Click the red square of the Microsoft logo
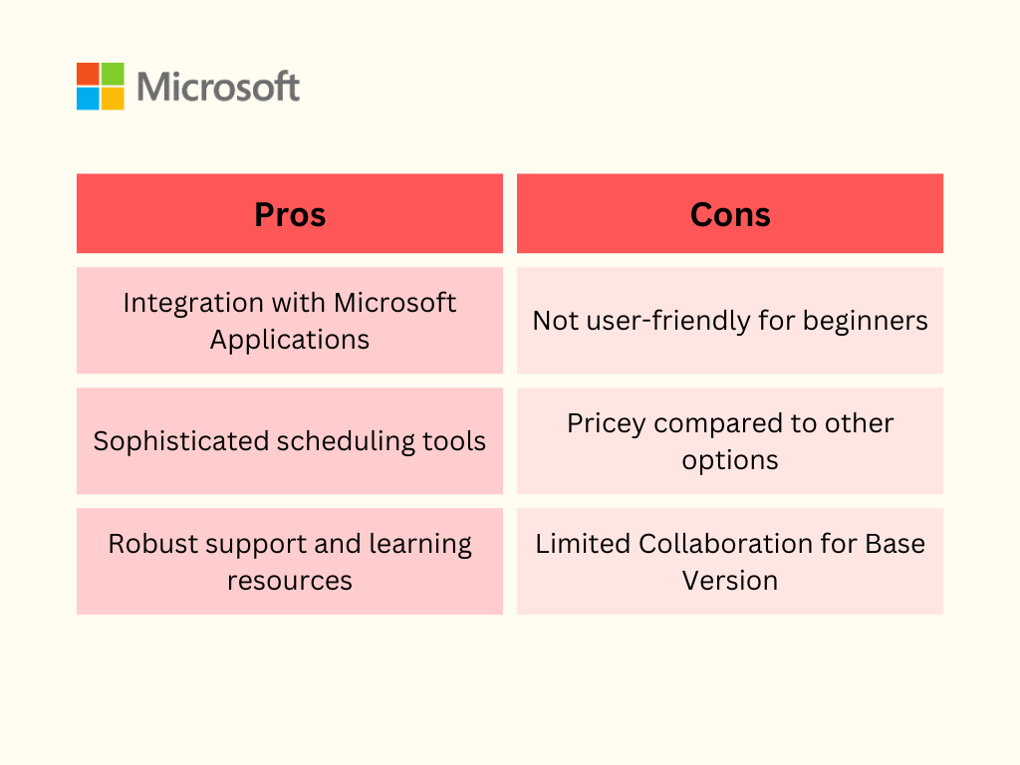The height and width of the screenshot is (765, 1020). (88, 74)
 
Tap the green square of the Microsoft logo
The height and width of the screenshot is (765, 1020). (113, 74)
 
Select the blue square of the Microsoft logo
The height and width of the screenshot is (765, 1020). (88, 99)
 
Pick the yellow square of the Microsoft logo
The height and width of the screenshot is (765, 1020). (113, 99)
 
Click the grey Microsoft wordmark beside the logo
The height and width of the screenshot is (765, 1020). (218, 87)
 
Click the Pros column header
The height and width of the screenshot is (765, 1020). (290, 215)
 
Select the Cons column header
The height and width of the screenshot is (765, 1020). (730, 215)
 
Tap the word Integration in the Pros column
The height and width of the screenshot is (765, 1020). (192, 304)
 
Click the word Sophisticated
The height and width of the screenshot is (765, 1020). (181, 441)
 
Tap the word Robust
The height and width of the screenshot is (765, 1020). (152, 544)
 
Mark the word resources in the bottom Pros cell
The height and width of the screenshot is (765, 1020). (290, 581)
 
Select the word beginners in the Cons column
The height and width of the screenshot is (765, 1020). (866, 322)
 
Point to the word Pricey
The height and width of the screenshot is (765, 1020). (607, 424)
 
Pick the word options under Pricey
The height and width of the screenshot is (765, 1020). (730, 461)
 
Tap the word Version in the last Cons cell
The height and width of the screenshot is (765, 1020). (730, 581)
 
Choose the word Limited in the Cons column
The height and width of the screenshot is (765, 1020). (583, 544)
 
